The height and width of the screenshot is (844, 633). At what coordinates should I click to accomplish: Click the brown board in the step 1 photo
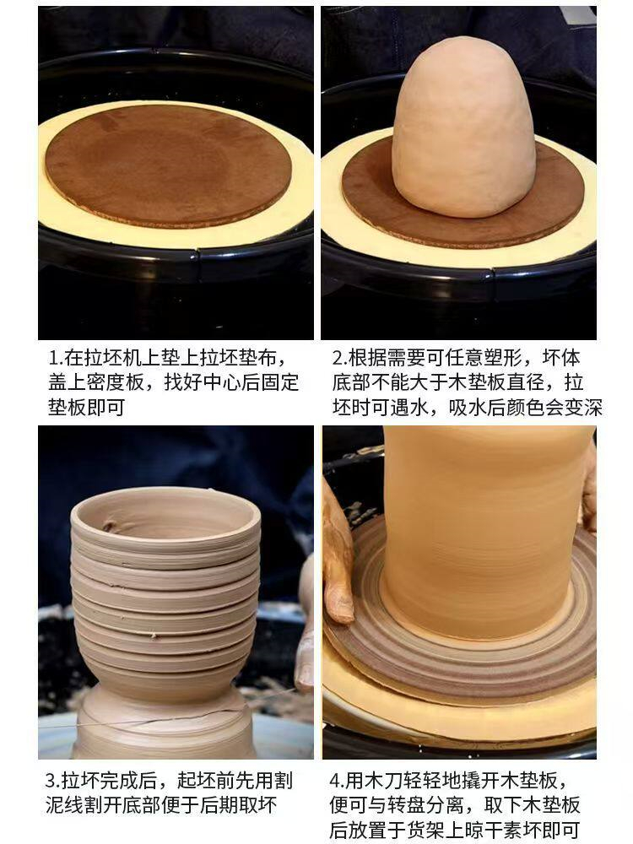[x=169, y=165]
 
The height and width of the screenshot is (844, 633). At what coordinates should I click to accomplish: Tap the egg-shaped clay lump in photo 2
[x=463, y=127]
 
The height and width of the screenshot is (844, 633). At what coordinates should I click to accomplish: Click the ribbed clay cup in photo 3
[x=165, y=592]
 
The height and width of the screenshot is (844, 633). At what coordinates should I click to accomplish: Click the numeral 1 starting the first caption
[x=52, y=358]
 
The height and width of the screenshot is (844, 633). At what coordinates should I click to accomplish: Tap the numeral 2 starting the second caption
[x=338, y=358]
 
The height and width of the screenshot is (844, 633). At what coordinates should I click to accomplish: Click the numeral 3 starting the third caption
[x=51, y=781]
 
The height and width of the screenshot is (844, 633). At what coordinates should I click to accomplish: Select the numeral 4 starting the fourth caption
[x=335, y=781]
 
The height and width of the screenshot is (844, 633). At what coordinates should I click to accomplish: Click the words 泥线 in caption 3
[x=65, y=805]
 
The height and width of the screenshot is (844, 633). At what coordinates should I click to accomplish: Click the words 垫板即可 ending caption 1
[x=87, y=408]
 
